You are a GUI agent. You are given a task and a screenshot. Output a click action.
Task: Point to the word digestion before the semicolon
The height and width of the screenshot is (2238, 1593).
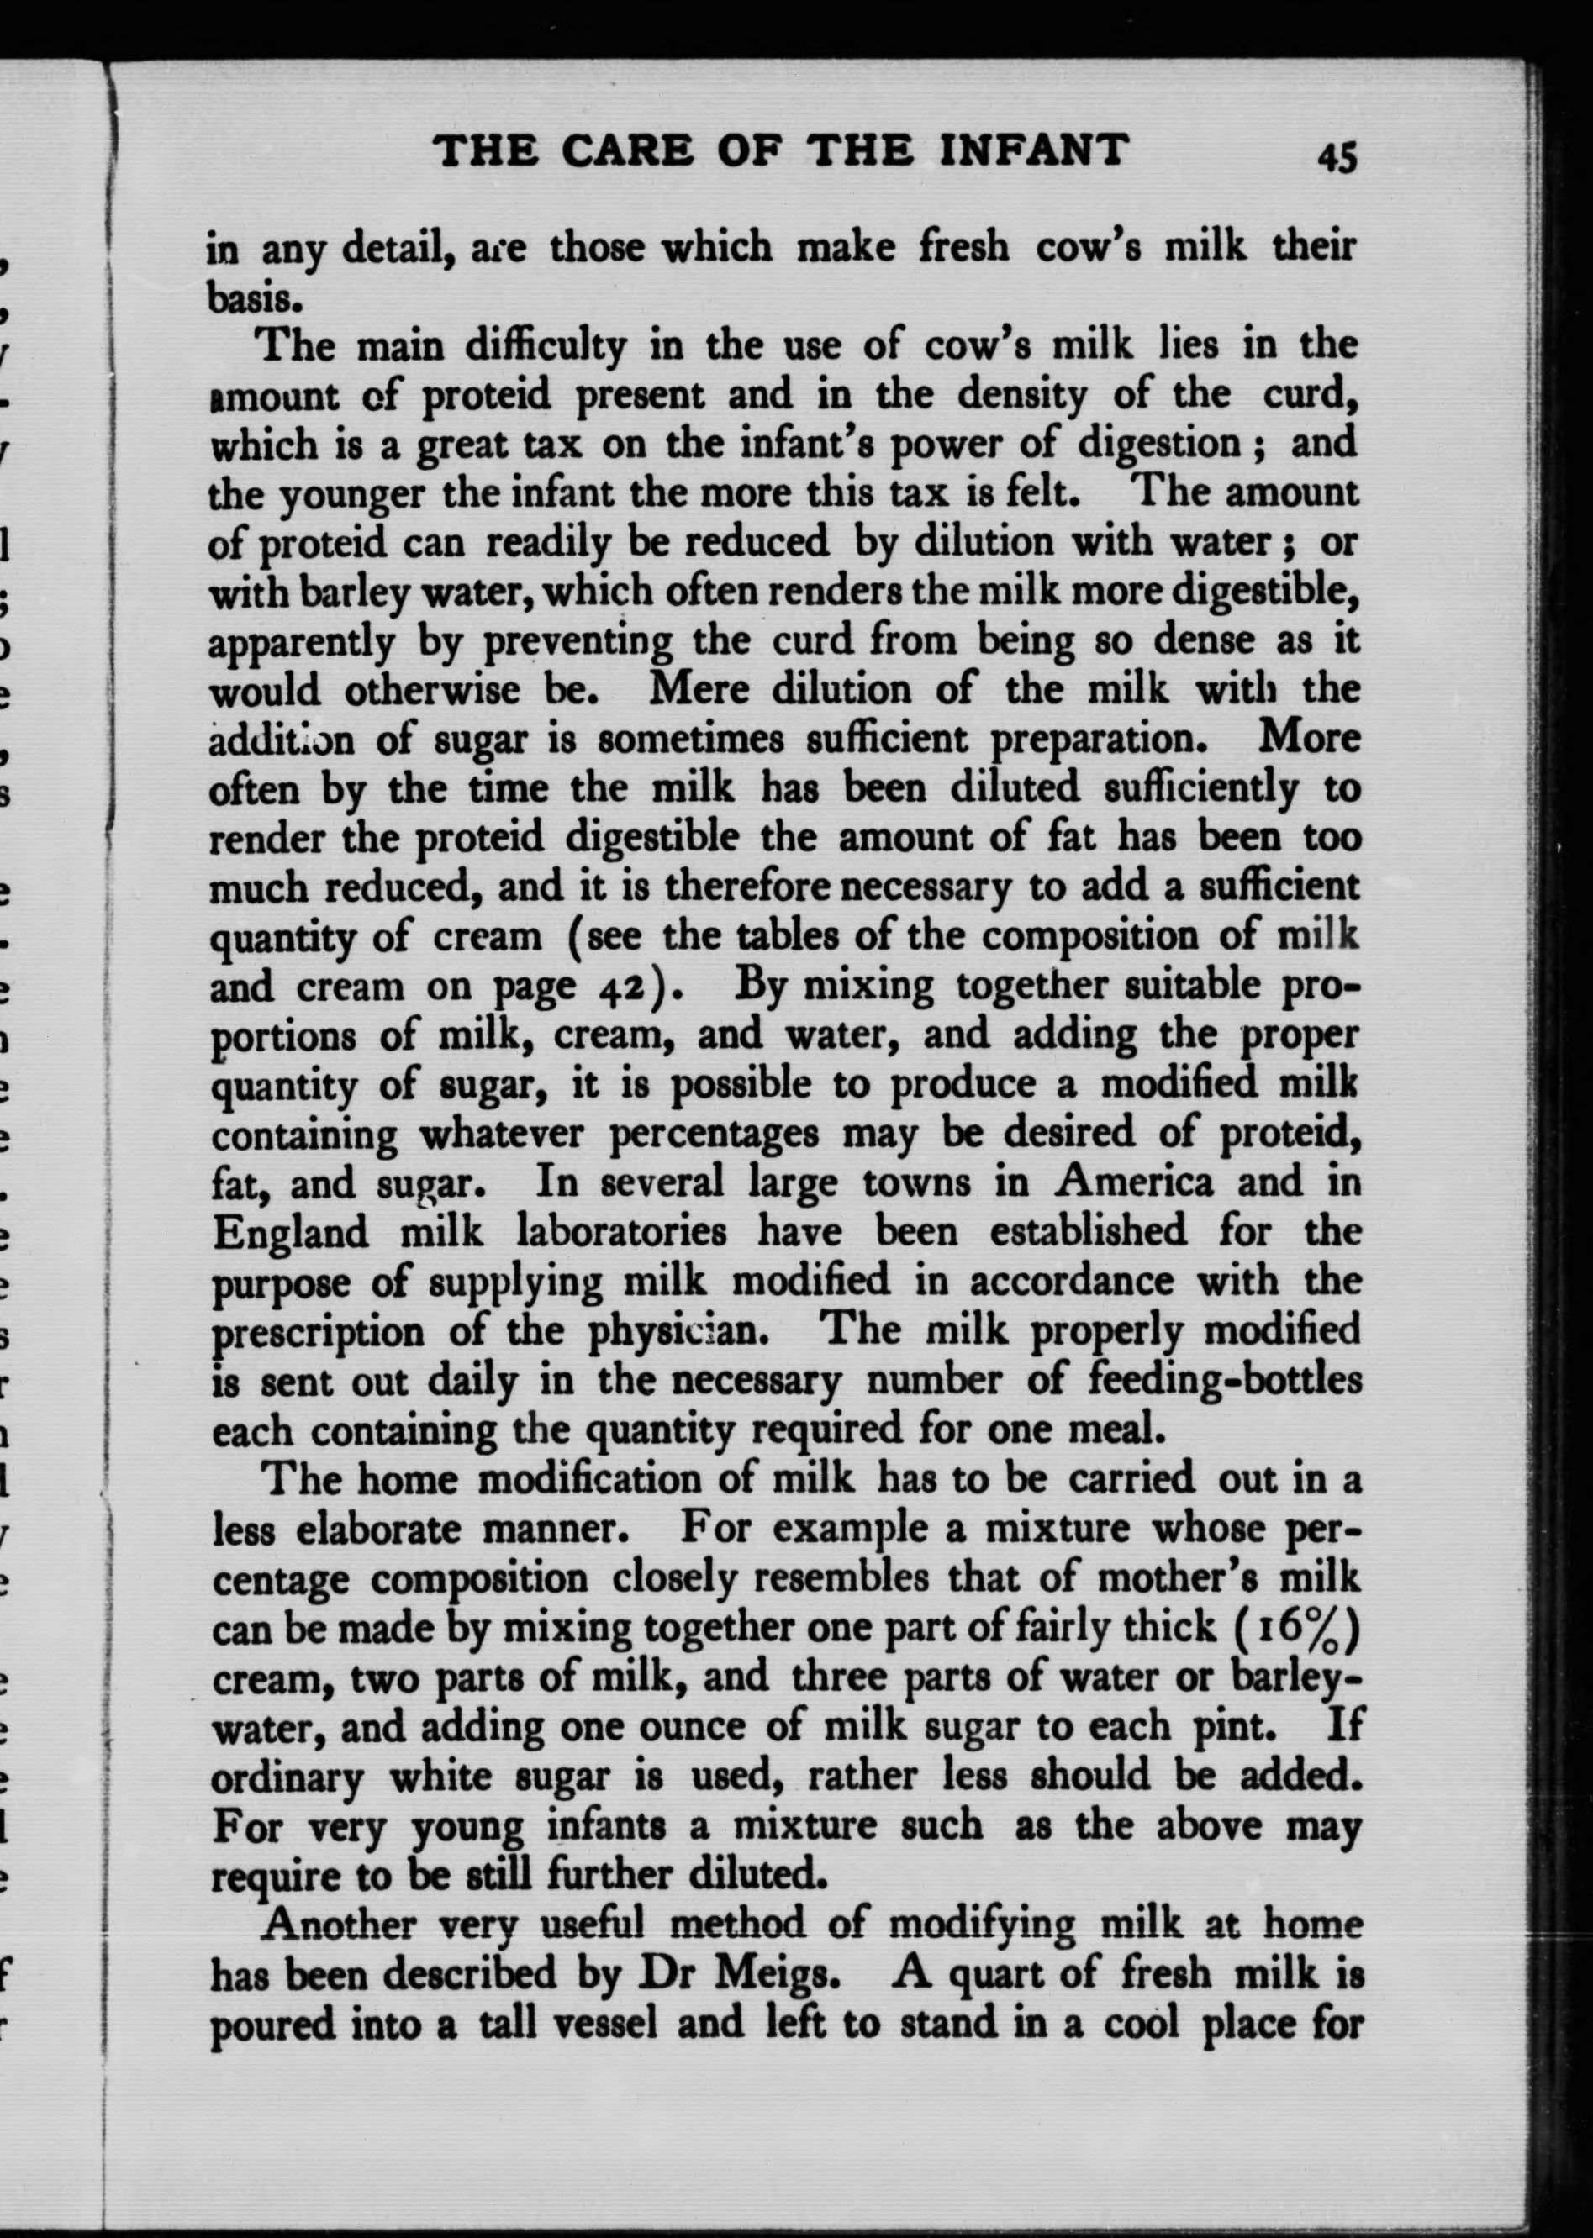coord(1159,443)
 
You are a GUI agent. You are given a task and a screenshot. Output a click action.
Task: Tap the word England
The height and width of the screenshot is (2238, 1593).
coord(289,1232)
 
